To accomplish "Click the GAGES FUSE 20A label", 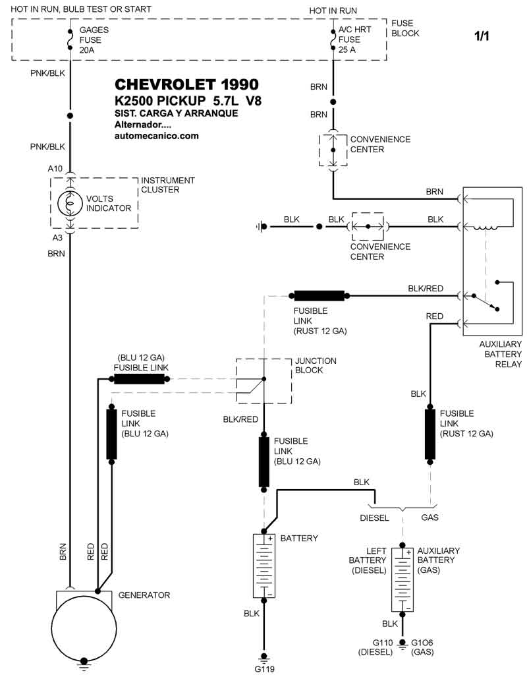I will [94, 40].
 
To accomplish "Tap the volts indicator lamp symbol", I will [70, 203].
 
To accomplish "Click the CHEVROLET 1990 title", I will [186, 84].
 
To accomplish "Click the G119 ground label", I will [264, 669].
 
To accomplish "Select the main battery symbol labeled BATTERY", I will [264, 566].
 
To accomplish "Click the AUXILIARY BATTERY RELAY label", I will [500, 354].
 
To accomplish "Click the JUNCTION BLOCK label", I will [316, 365].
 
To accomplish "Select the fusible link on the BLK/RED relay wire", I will [319, 295].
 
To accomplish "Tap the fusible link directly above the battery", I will [264, 460].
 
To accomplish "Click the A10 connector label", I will [55, 169].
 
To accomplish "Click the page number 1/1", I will [482, 36].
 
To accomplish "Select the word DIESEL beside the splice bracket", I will [374, 517].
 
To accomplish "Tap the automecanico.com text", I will [156, 136].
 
